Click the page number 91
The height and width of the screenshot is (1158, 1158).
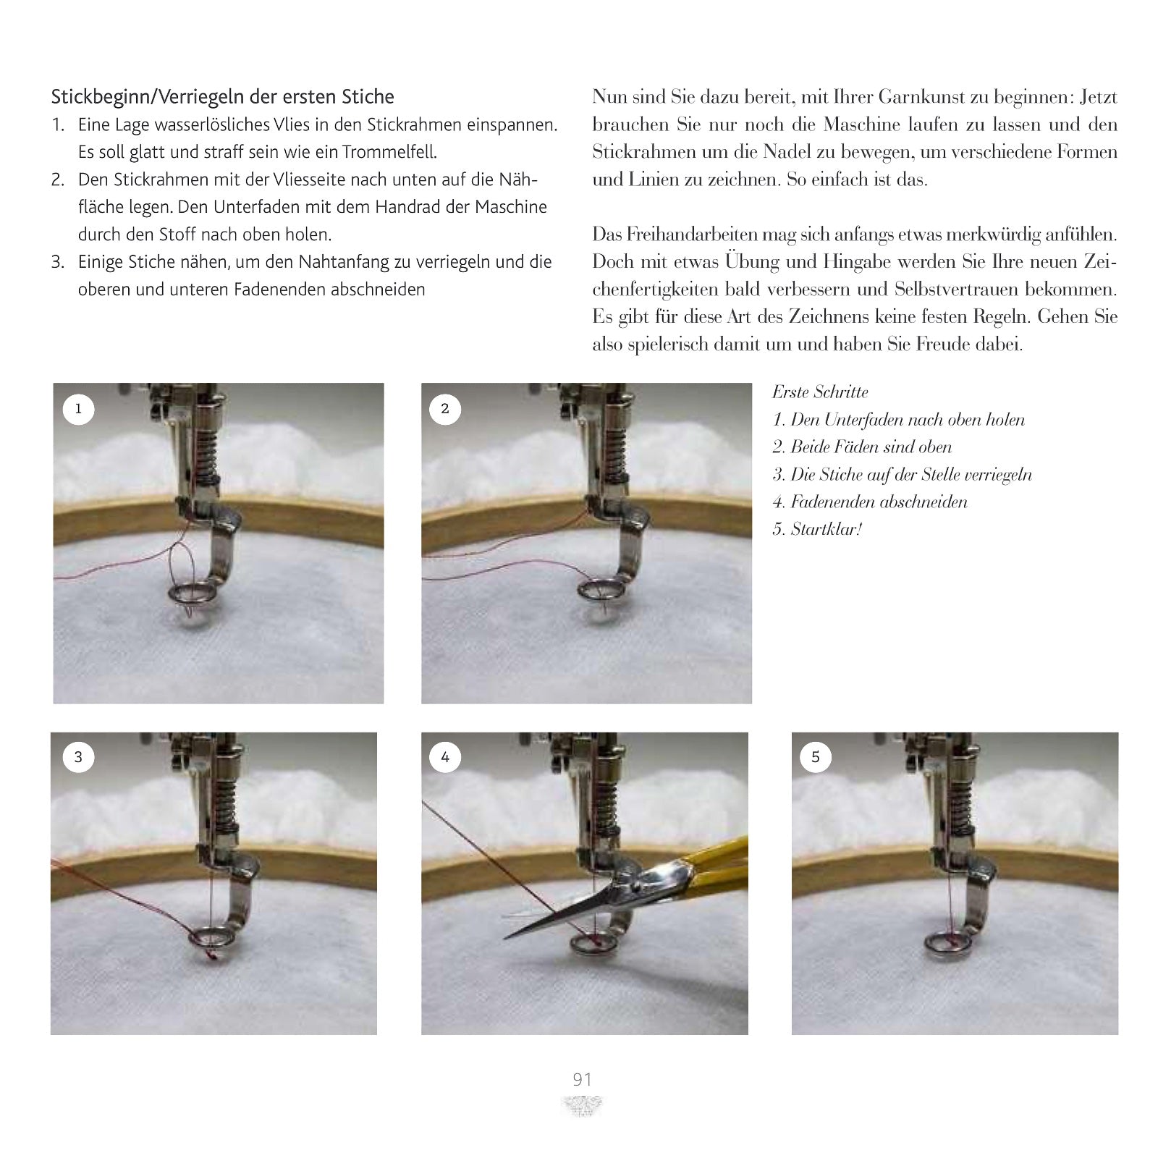click(x=582, y=1080)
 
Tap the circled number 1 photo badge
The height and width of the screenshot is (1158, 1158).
click(x=78, y=409)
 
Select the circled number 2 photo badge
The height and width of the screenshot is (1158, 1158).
click(x=445, y=409)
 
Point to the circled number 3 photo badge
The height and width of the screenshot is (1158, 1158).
click(x=78, y=757)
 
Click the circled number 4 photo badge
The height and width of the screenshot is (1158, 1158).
click(x=445, y=757)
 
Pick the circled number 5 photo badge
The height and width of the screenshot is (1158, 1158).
click(x=816, y=757)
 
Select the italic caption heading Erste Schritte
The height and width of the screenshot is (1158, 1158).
click(x=820, y=392)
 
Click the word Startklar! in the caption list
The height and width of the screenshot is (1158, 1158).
click(x=826, y=529)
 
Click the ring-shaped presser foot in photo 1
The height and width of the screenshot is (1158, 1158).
click(x=190, y=594)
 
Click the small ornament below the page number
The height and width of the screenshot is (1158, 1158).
click(x=582, y=1106)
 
